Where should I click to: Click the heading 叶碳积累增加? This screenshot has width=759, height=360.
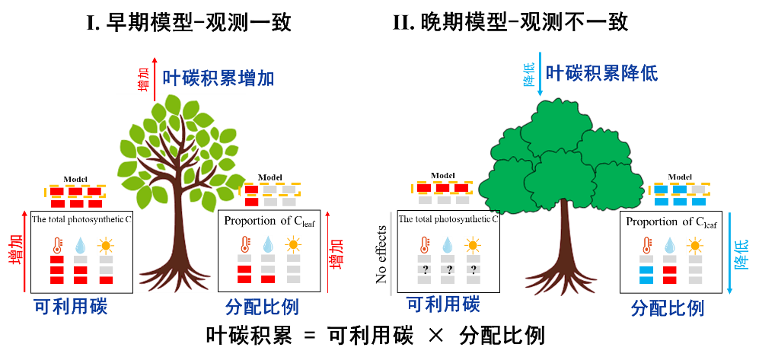pyautogui.click(x=218, y=78)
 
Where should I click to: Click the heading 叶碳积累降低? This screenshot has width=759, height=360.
pyautogui.click(x=601, y=73)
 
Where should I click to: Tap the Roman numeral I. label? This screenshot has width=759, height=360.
pyautogui.click(x=93, y=24)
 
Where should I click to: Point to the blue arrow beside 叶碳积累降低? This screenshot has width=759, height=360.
pyautogui.click(x=540, y=74)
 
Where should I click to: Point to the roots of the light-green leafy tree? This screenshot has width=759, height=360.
pyautogui.click(x=181, y=274)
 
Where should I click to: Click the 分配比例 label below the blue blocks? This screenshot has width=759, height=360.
pyautogui.click(x=668, y=308)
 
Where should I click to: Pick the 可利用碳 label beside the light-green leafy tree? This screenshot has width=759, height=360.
pyautogui.click(x=71, y=307)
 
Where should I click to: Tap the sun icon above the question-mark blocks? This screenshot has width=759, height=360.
pyautogui.click(x=473, y=245)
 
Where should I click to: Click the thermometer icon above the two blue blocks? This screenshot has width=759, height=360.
pyautogui.click(x=647, y=245)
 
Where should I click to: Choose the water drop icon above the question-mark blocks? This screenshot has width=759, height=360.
pyautogui.click(x=448, y=245)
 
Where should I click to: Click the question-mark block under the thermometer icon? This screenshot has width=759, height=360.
pyautogui.click(x=424, y=269)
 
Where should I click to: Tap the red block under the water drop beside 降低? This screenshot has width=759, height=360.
pyautogui.click(x=670, y=269)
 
